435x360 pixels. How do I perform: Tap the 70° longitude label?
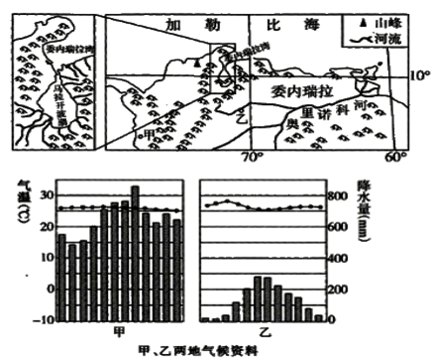250,157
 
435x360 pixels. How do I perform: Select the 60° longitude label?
394,157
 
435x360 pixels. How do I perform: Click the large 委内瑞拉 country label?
300,90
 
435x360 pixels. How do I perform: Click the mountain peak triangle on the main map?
199,61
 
